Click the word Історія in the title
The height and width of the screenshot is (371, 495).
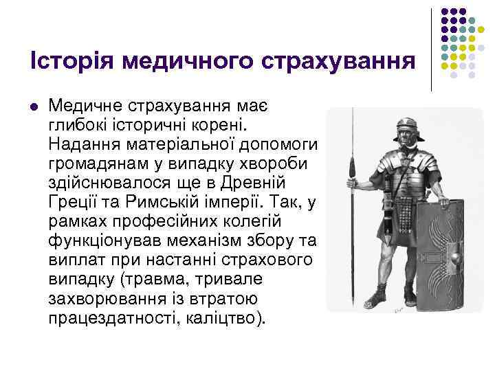[x=72, y=61]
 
